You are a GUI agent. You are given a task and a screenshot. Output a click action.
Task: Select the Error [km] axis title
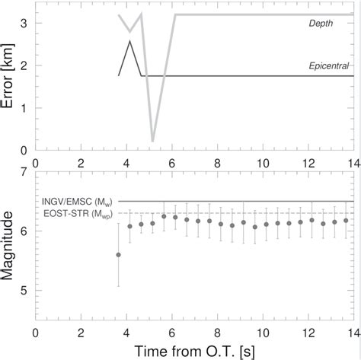10,80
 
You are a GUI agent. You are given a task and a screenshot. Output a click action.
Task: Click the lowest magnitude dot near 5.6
118,255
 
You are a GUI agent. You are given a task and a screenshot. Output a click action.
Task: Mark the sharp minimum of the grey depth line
153,141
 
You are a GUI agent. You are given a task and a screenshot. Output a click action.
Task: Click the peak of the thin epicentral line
130,41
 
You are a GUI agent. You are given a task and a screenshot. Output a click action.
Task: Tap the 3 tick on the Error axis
25,24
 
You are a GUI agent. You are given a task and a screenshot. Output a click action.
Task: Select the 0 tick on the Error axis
25,150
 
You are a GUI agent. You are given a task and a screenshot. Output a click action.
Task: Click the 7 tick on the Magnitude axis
25,173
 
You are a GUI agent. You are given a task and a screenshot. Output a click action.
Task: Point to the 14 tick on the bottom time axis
354,333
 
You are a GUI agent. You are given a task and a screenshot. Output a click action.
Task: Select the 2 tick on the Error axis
25,65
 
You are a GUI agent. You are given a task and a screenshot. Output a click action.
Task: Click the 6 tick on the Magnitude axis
25,231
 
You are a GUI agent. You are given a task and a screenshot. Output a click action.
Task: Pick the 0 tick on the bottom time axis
36,333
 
